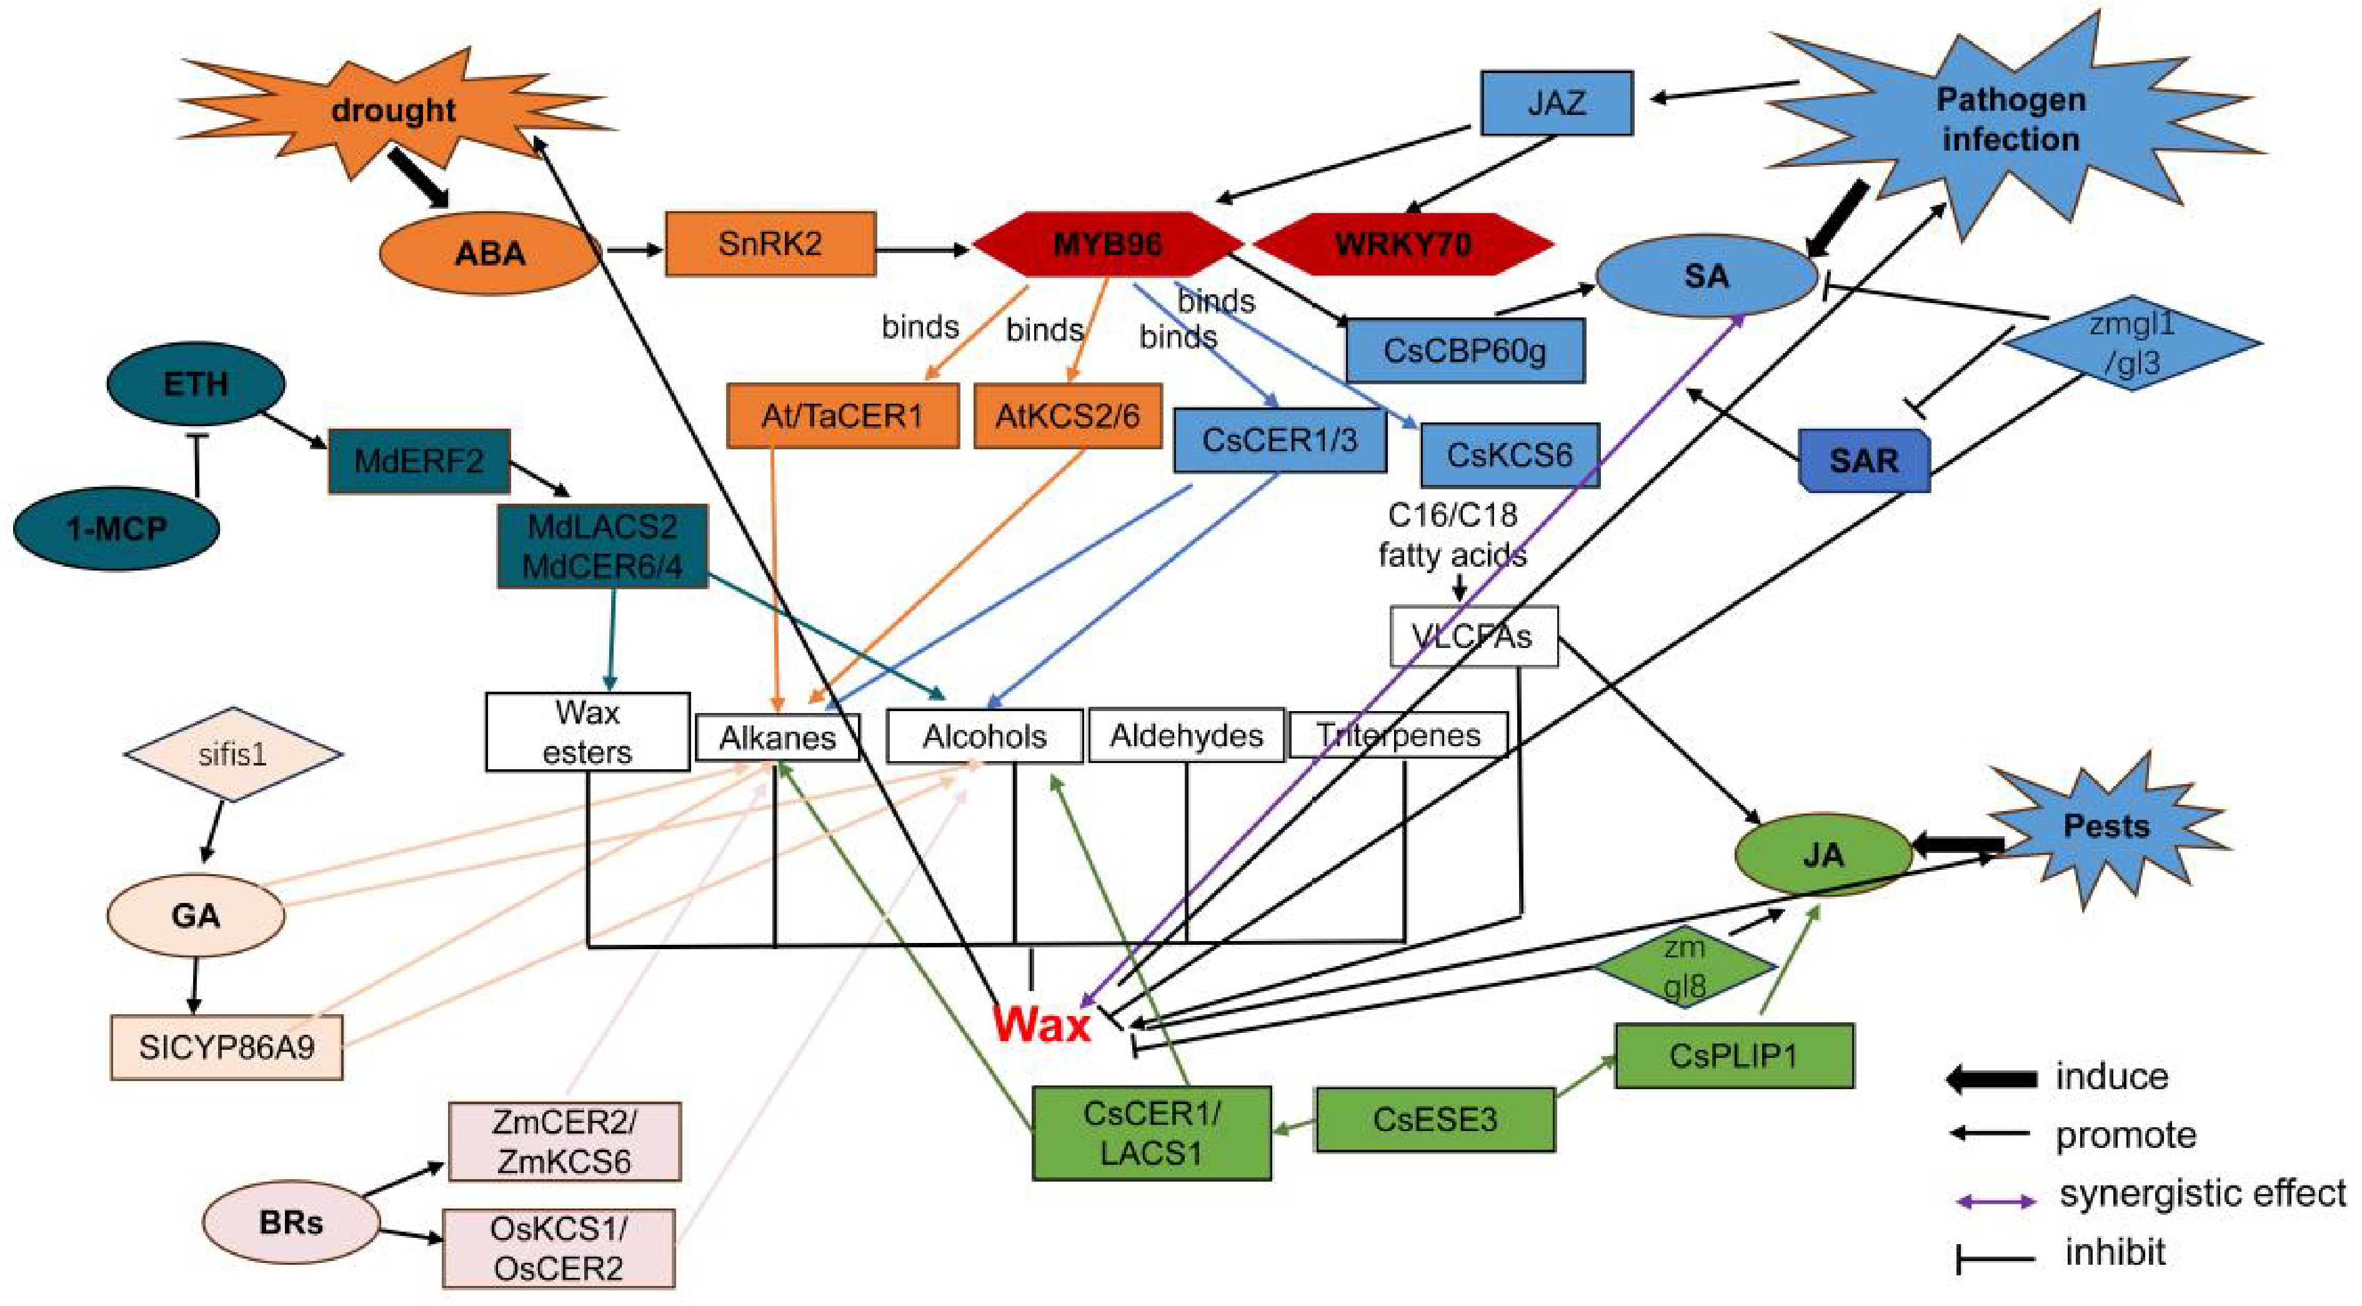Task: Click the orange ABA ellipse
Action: pos(490,253)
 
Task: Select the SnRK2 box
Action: pos(770,244)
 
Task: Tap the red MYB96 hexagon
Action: pos(1108,244)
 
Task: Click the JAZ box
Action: pos(1557,102)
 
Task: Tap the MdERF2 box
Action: pos(419,461)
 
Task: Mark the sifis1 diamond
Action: pos(233,754)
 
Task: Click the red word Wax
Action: pos(1042,1024)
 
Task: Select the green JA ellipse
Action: pos(1823,855)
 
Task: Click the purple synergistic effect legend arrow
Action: pos(1995,1200)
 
